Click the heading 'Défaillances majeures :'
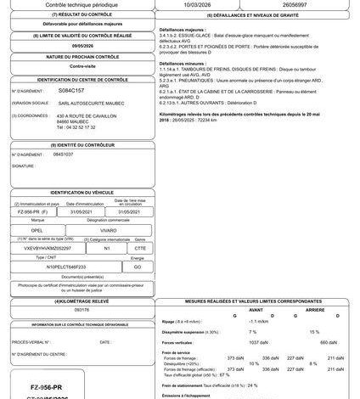point(200,27)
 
